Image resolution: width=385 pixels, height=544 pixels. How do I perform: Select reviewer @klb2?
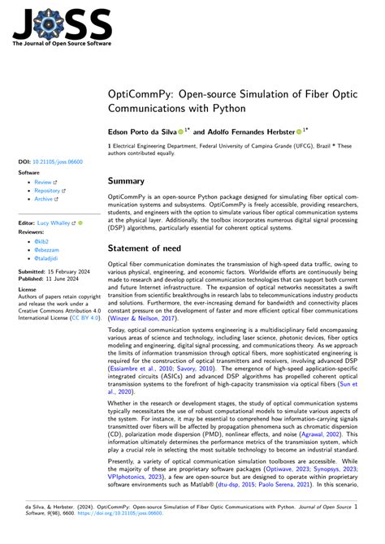(x=41, y=241)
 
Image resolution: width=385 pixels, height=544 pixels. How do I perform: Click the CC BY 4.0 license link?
(x=69, y=317)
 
